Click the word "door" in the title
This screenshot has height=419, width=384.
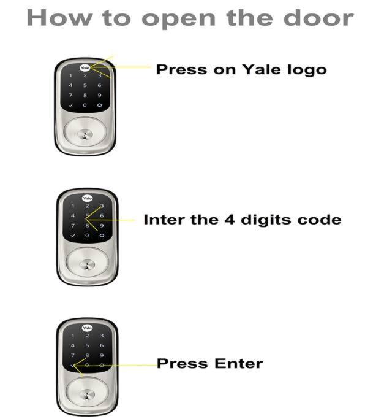pos(319,18)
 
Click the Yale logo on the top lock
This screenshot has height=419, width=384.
pos(85,68)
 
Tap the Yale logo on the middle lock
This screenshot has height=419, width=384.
pos(87,198)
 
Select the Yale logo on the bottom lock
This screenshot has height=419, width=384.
pos(87,328)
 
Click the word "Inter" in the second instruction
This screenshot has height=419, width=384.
pos(164,220)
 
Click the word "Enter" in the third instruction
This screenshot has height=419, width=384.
pos(239,363)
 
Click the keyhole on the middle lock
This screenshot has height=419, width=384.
pos(87,265)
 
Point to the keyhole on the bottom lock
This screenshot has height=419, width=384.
pos(87,394)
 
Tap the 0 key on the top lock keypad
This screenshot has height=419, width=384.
pos(85,105)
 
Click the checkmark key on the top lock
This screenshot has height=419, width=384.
pos(70,105)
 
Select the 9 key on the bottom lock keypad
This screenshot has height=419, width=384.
pos(102,355)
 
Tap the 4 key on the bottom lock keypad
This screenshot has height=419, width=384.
pos(73,345)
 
